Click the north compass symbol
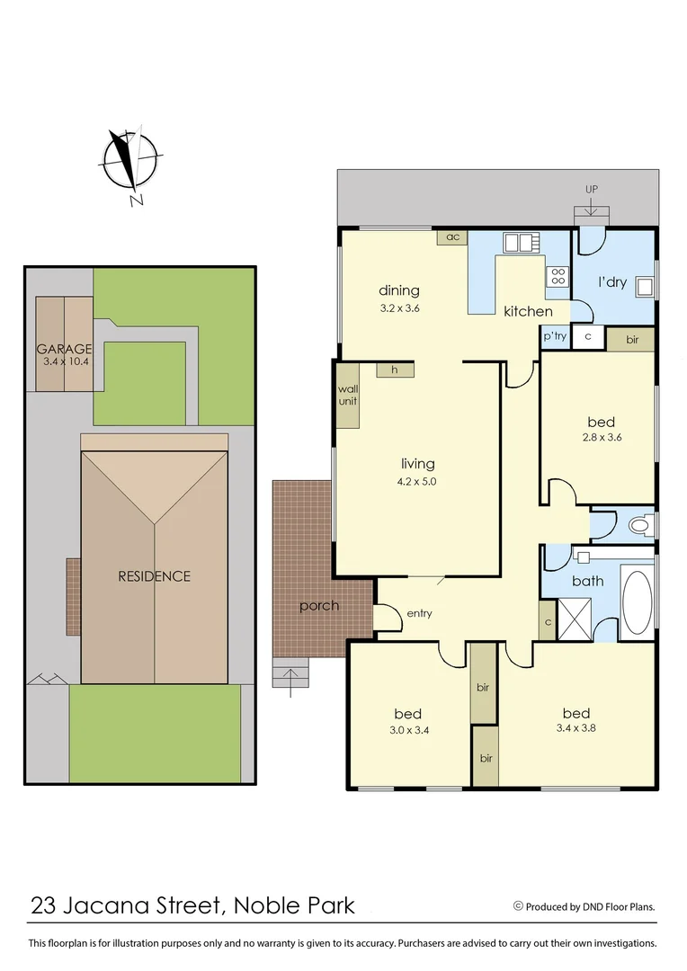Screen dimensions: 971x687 click(130, 163)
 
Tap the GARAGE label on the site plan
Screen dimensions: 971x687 click(64, 349)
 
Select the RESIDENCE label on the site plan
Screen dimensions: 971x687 click(154, 576)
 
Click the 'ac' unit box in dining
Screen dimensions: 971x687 click(452, 237)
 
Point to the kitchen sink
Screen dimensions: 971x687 click(519, 242)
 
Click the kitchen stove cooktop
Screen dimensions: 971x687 click(558, 276)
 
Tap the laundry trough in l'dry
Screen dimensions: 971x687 click(644, 287)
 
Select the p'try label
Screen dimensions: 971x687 click(554, 336)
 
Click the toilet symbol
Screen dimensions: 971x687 click(639, 524)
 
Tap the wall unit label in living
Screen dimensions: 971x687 click(347, 396)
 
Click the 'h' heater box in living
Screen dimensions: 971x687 click(394, 370)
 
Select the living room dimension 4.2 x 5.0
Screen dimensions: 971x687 click(418, 481)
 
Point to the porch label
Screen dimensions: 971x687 click(319, 606)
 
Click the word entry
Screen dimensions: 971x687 click(419, 614)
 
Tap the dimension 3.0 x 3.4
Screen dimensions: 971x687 click(408, 730)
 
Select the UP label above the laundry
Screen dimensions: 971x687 click(591, 189)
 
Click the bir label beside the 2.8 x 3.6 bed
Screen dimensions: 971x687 click(632, 339)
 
